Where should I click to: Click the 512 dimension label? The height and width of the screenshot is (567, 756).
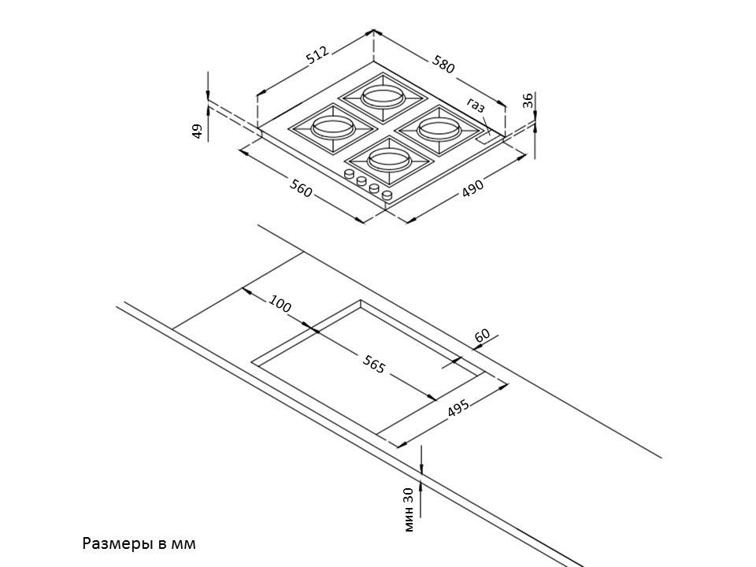(x=317, y=55)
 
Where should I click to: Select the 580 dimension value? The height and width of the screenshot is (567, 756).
(x=443, y=65)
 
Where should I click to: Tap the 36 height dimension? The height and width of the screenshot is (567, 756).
(x=528, y=100)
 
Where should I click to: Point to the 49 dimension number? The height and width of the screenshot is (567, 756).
(x=198, y=131)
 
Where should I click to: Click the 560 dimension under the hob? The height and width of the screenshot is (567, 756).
(x=301, y=188)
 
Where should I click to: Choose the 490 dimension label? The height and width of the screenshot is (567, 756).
(x=472, y=188)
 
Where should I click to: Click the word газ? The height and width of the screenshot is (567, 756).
(x=476, y=106)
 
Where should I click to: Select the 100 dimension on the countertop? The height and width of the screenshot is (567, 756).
(x=280, y=304)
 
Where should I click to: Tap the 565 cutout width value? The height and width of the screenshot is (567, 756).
(x=374, y=364)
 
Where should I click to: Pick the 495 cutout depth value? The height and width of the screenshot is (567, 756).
(x=458, y=408)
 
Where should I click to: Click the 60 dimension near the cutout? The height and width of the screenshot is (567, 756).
(x=483, y=335)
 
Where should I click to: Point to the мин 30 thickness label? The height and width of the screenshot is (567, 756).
(x=407, y=510)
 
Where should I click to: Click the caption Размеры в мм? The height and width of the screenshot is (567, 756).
(x=138, y=543)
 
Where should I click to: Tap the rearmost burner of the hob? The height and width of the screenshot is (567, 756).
(x=383, y=98)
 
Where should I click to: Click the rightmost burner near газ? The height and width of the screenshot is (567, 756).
(x=435, y=127)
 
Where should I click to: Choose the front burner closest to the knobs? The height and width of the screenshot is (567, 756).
(x=386, y=158)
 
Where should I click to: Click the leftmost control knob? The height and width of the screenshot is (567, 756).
(x=349, y=175)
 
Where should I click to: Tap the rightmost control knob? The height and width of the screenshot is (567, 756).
(x=387, y=194)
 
